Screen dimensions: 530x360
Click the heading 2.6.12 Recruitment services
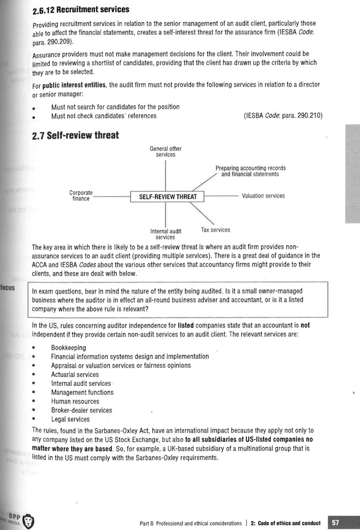[x=81, y=10]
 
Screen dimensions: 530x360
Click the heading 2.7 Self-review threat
[x=75, y=136]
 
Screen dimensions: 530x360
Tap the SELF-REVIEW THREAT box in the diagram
[x=168, y=197]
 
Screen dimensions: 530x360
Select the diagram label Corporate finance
[x=81, y=196]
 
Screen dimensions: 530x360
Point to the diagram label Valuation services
[x=263, y=196]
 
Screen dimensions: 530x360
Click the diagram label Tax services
[x=215, y=230]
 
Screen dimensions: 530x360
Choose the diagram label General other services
[x=165, y=152]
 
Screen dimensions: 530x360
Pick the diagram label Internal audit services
[x=165, y=234]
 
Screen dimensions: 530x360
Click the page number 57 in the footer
[x=335, y=523]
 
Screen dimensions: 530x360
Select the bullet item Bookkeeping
[x=68, y=348]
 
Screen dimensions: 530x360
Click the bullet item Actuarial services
[x=75, y=375]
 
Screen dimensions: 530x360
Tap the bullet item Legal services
[x=70, y=419]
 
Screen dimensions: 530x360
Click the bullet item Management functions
[x=82, y=392]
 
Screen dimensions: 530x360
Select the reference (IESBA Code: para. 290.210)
[x=283, y=116]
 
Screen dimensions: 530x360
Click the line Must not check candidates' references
[x=103, y=116]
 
